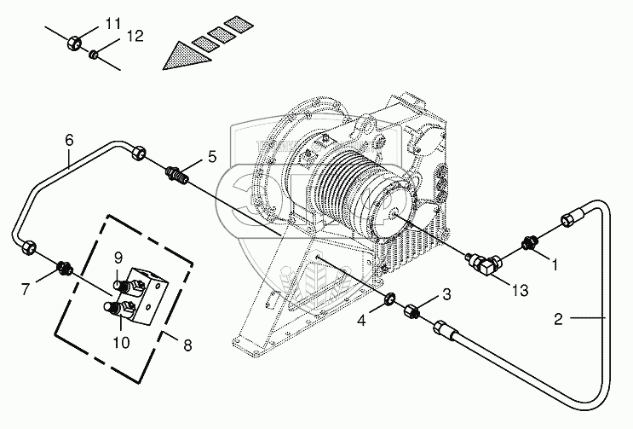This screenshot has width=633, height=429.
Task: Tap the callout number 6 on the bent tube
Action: click(69, 140)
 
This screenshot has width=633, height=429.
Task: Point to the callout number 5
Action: click(212, 156)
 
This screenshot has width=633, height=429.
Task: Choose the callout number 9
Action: click(118, 257)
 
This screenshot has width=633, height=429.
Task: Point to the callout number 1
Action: click(555, 264)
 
